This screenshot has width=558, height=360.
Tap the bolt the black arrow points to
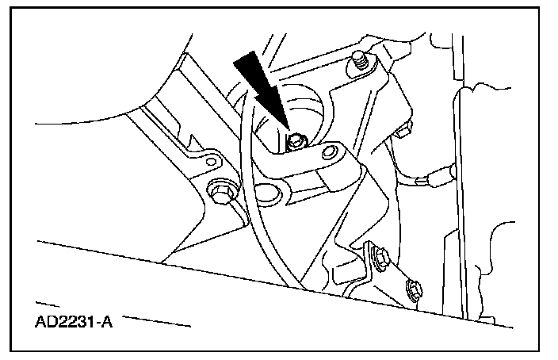[x=295, y=142]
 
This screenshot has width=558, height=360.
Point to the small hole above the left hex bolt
[x=209, y=161]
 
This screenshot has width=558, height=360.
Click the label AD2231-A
[x=74, y=324]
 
